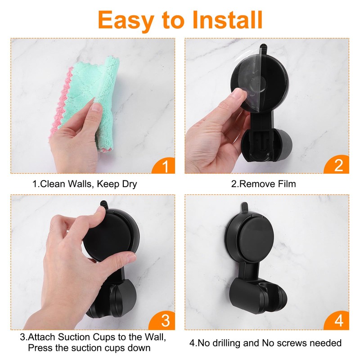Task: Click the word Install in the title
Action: (227, 20)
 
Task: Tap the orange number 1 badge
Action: (163, 166)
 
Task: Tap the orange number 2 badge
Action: (337, 165)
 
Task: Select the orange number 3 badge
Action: (162, 320)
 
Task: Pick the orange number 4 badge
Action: (337, 320)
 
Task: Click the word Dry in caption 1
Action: (130, 184)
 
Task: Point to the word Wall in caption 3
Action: (155, 337)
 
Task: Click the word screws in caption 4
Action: (292, 343)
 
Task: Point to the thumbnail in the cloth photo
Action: (96, 107)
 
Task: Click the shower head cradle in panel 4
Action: (258, 296)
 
